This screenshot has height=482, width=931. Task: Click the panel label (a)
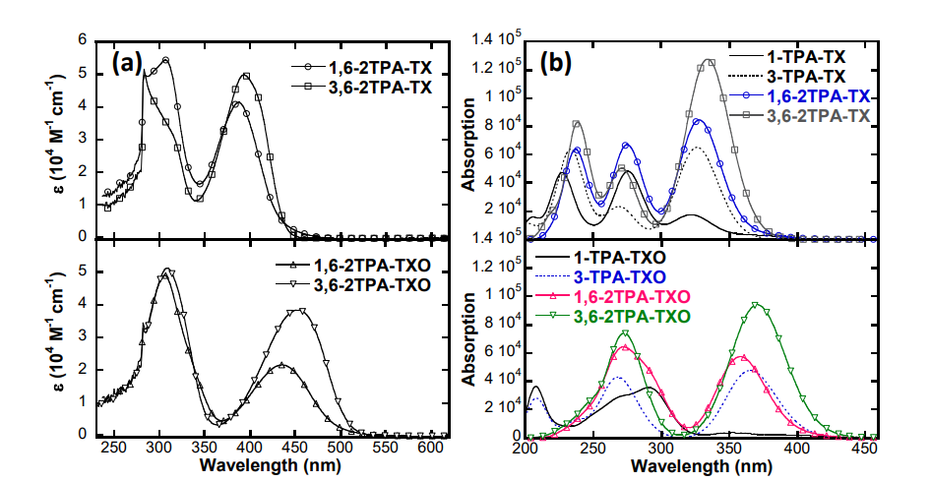click(130, 64)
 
